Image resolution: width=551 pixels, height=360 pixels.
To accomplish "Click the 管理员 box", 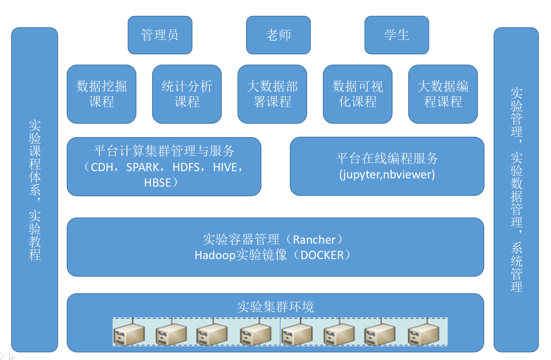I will [x=160, y=35].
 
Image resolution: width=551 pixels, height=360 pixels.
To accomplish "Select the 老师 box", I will [x=278, y=35].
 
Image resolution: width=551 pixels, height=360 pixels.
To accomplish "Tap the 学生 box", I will [x=397, y=35].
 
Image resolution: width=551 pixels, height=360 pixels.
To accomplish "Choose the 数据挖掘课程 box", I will [x=102, y=94].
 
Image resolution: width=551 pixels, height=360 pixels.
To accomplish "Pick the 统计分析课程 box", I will [x=187, y=94].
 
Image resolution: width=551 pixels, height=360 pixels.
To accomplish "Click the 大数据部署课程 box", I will [x=272, y=94].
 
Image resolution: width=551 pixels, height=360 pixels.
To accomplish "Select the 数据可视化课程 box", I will [x=358, y=94].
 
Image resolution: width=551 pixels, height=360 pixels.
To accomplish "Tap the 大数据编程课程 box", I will [x=443, y=94].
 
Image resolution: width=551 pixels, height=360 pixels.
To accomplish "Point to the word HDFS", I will [x=186, y=168].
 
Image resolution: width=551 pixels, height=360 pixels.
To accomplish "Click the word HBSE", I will [x=157, y=183].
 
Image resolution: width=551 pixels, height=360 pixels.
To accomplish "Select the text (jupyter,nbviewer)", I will [x=387, y=175].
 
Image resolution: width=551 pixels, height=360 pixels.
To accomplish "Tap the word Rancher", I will [x=314, y=240].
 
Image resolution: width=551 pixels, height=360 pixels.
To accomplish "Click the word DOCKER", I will [x=322, y=255].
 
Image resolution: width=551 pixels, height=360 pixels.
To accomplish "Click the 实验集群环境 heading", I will [x=275, y=307].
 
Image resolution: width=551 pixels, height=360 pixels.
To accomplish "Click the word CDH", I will [x=102, y=168].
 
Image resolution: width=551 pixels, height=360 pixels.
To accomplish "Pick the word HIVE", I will [x=225, y=168].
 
